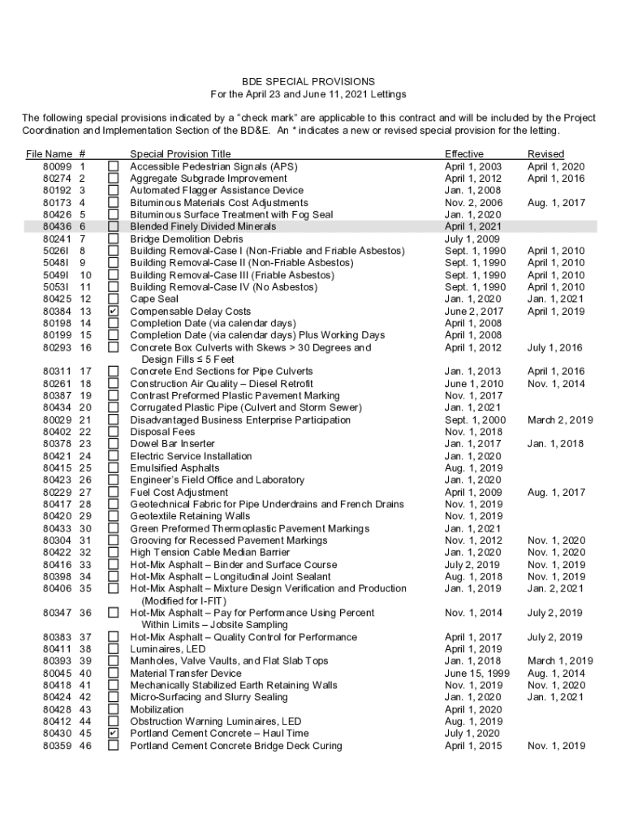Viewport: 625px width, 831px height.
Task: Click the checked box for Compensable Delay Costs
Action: point(114,311)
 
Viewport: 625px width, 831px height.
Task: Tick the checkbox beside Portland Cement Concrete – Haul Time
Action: point(114,734)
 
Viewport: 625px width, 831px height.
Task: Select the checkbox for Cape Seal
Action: point(114,299)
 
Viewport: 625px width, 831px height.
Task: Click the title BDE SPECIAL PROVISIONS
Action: point(312,82)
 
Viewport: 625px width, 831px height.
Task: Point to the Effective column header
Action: point(463,154)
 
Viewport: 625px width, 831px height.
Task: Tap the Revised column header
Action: point(545,154)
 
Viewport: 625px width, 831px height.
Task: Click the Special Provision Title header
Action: point(180,154)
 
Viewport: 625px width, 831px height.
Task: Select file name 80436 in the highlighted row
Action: point(56,226)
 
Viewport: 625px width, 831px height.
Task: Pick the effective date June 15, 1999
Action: point(477,674)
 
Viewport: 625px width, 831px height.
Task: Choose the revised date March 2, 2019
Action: point(560,420)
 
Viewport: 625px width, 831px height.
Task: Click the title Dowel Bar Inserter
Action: point(172,444)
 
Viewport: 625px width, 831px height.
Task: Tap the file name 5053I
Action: point(56,287)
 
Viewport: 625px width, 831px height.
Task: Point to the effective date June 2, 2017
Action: point(474,311)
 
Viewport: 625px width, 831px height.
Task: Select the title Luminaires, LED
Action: point(168,649)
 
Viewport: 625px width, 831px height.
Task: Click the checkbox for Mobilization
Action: point(114,709)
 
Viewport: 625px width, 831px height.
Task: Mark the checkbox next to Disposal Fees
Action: point(114,432)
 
